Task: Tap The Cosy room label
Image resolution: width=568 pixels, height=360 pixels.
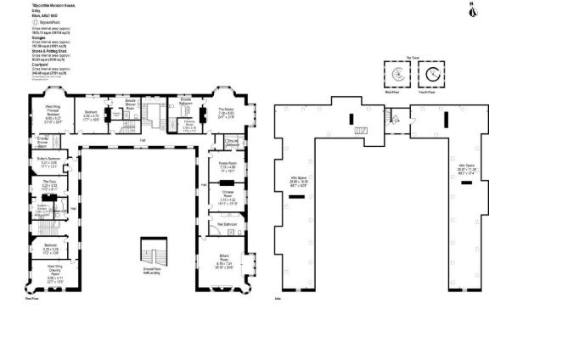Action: point(48,184)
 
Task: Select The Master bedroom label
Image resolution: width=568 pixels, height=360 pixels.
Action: point(225,113)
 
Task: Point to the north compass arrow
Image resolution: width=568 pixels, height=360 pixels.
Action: point(473,9)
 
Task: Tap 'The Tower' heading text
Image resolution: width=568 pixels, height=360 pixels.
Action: point(414,57)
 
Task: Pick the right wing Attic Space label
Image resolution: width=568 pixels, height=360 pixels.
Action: point(468,169)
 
